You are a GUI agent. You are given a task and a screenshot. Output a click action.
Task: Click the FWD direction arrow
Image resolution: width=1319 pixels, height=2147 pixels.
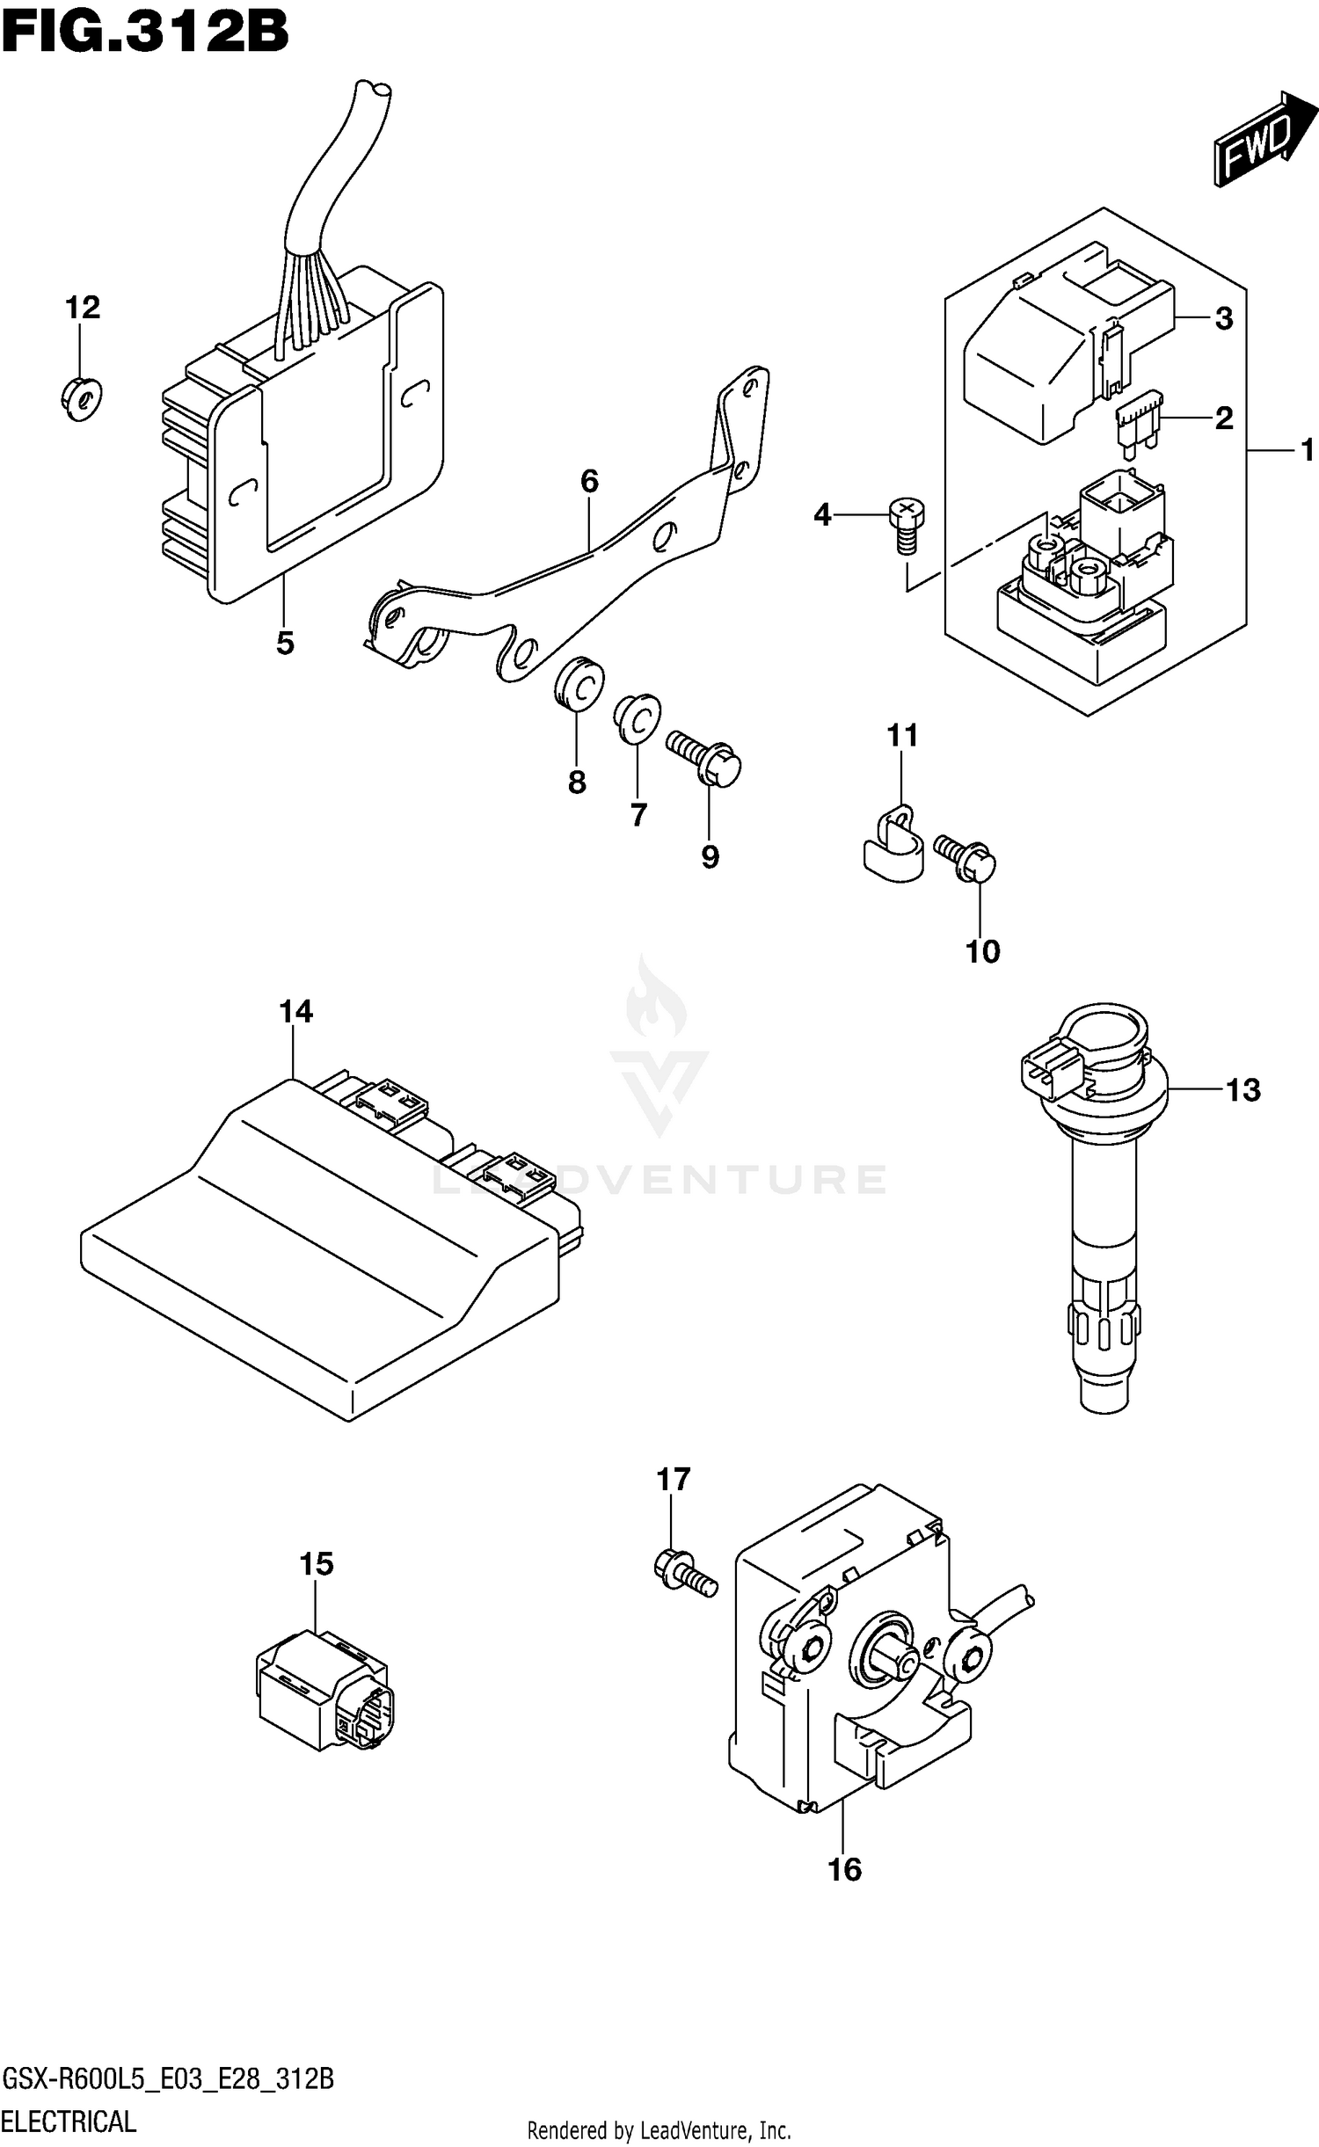coord(1264,141)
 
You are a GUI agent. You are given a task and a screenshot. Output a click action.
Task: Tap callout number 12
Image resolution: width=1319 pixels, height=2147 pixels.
coord(83,308)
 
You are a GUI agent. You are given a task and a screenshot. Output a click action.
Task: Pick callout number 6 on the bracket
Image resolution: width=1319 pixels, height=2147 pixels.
coord(589,481)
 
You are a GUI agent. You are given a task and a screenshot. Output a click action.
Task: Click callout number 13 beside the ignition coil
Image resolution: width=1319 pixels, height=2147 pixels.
coord(1242,1090)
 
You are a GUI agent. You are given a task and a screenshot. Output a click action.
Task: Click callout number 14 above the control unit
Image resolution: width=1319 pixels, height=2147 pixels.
coord(296,1012)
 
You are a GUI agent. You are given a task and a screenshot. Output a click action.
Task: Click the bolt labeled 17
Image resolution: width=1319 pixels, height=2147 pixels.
coord(686,1572)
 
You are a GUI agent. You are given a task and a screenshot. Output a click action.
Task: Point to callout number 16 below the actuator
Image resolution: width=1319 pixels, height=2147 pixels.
coord(844,1869)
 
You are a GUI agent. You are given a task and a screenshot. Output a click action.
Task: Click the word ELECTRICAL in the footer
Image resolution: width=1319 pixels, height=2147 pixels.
coord(69,2121)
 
